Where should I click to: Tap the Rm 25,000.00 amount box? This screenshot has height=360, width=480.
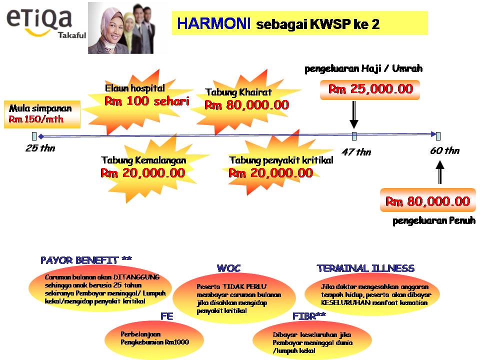pyautogui.click(x=370, y=89)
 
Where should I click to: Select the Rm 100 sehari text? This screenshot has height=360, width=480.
pyautogui.click(x=146, y=101)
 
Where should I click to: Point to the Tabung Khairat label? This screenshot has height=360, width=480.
pyautogui.click(x=238, y=92)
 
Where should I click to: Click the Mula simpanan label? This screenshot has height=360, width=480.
pyautogui.click(x=40, y=108)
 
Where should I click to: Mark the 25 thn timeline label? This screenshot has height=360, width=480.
pyautogui.click(x=40, y=148)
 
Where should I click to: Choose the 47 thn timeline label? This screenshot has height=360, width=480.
pyautogui.click(x=356, y=152)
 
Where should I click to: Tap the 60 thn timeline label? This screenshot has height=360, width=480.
pyautogui.click(x=444, y=150)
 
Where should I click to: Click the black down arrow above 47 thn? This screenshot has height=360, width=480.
pyautogui.click(x=354, y=115)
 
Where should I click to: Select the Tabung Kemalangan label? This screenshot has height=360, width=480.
pyautogui.click(x=143, y=160)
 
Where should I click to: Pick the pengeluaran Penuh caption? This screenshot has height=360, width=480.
pyautogui.click(x=433, y=220)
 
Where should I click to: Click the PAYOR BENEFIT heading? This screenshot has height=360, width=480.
pyautogui.click(x=86, y=260)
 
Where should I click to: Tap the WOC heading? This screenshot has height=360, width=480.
pyautogui.click(x=228, y=268)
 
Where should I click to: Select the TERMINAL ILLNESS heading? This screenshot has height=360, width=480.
pyautogui.click(x=365, y=268)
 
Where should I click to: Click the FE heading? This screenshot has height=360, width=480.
pyautogui.click(x=166, y=316)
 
